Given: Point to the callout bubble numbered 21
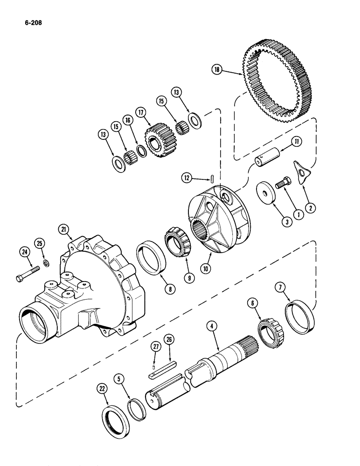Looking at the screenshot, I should (64, 229).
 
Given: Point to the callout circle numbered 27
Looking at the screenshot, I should (155, 346).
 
